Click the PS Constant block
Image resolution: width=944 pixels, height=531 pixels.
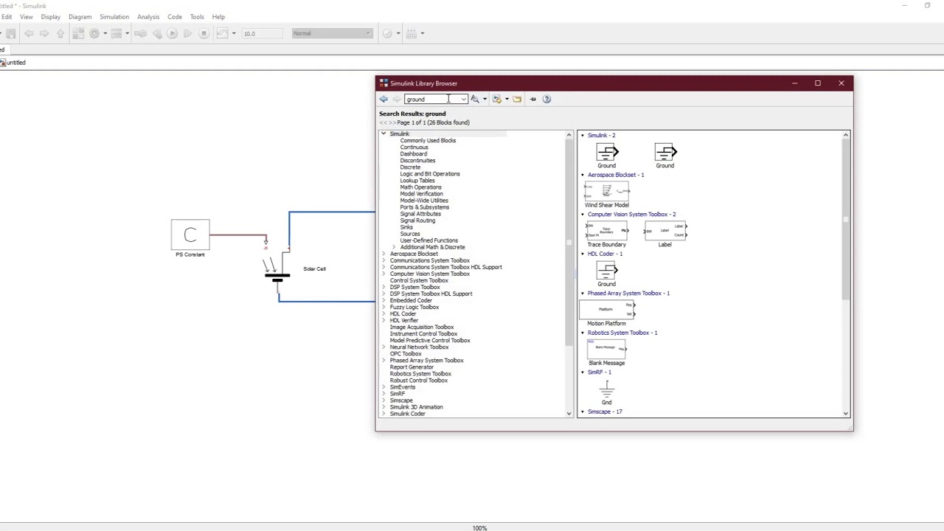[190, 235]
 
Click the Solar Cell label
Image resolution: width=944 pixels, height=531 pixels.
[314, 268]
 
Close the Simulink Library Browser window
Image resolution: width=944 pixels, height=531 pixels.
[841, 83]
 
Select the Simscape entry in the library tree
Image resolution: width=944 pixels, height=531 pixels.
[401, 400]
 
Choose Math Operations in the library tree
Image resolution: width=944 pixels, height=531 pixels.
[420, 187]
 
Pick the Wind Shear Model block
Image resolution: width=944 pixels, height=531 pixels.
[606, 193]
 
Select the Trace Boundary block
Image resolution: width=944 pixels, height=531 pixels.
[606, 232]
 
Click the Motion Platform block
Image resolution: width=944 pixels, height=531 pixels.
[606, 310]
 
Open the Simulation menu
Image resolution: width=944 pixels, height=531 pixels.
[114, 16]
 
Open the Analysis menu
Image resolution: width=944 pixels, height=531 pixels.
[148, 16]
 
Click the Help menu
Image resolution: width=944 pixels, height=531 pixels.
[218, 16]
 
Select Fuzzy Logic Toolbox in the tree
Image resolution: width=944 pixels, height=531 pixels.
[414, 307]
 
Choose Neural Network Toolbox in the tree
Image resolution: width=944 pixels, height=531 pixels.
[419, 347]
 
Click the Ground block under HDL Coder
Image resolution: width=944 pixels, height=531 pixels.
[606, 271]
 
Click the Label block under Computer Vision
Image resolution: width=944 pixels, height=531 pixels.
[665, 232]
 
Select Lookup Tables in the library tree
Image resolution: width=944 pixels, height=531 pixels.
[417, 181]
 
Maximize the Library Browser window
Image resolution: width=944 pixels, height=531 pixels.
[817, 83]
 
